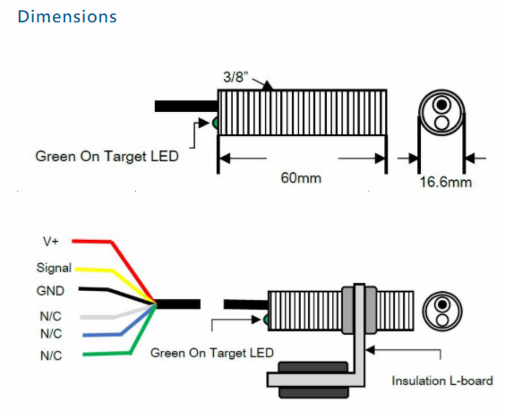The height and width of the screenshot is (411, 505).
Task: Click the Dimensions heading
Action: coord(67,17)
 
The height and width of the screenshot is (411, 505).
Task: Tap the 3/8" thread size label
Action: coord(235,77)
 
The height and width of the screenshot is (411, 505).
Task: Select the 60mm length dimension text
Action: coord(301,178)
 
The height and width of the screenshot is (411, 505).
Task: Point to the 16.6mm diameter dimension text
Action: coord(446,183)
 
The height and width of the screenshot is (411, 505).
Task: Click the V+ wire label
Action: coord(50,241)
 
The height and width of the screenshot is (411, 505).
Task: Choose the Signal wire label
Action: coord(54,268)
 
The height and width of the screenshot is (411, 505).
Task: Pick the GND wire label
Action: coord(50,291)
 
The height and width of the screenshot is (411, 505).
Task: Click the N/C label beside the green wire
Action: coord(51,355)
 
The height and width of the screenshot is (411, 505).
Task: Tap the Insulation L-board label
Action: coord(442,381)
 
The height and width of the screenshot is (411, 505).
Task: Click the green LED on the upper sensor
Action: coord(216,123)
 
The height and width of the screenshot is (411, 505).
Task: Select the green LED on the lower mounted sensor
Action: coord(266,320)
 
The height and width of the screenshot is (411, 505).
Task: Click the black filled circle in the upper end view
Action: coord(442,105)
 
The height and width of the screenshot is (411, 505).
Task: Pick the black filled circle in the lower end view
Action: coord(442,304)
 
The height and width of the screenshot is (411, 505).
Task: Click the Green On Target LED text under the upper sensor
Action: coord(107,157)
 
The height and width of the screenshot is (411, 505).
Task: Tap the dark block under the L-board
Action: coord(313,380)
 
